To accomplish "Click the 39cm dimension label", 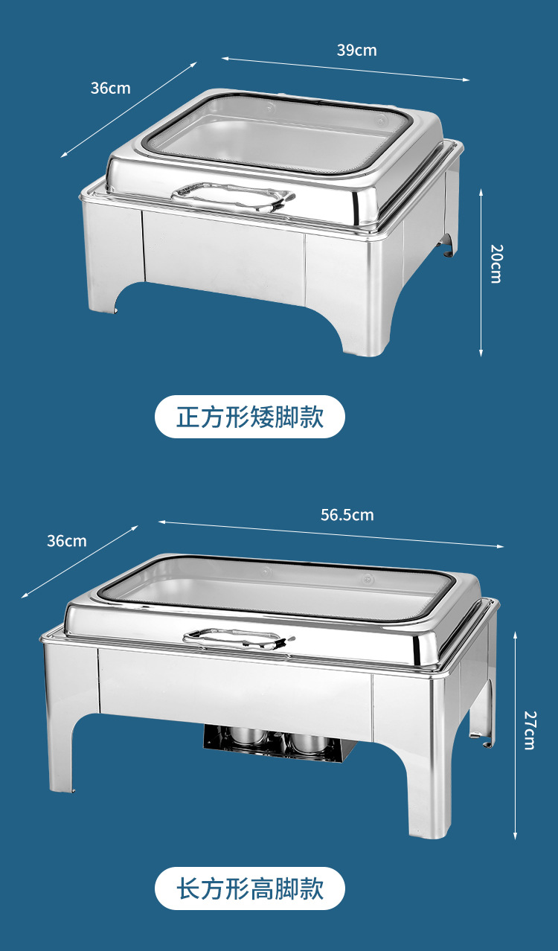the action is click(x=356, y=51).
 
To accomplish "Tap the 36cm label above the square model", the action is click(x=110, y=88).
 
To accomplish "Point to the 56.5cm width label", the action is click(x=347, y=515).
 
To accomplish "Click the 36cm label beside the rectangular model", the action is click(x=66, y=541).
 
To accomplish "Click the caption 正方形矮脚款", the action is click(x=250, y=417).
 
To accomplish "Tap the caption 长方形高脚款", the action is click(x=250, y=888).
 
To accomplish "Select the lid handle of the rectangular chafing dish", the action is click(x=237, y=638).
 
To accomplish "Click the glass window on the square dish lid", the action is click(x=279, y=134).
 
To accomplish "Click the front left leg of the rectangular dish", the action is click(x=64, y=752).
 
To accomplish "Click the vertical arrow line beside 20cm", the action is click(x=481, y=272).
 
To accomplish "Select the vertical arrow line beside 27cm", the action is click(x=515, y=733).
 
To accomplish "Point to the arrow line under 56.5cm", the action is click(x=331, y=534).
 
